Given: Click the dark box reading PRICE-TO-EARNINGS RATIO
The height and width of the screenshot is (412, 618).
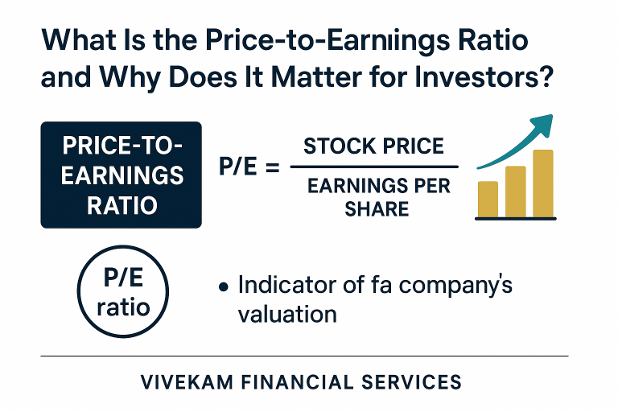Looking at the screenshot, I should point(122,175).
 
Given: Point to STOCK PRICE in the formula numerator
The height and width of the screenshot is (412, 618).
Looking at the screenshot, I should point(373,146).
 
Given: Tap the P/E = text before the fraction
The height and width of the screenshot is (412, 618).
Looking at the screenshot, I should point(249,168).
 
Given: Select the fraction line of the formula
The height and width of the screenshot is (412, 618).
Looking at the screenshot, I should point(373,167).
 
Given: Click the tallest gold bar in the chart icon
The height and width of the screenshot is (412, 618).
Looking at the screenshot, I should point(542,183).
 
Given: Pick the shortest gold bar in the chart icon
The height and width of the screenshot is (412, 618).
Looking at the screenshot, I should point(488,199).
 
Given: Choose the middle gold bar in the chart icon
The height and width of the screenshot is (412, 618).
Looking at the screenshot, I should point(515,191).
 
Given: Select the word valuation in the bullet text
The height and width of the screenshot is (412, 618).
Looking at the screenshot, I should point(287,313).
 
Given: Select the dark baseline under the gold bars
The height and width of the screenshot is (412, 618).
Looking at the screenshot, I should point(515,218).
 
